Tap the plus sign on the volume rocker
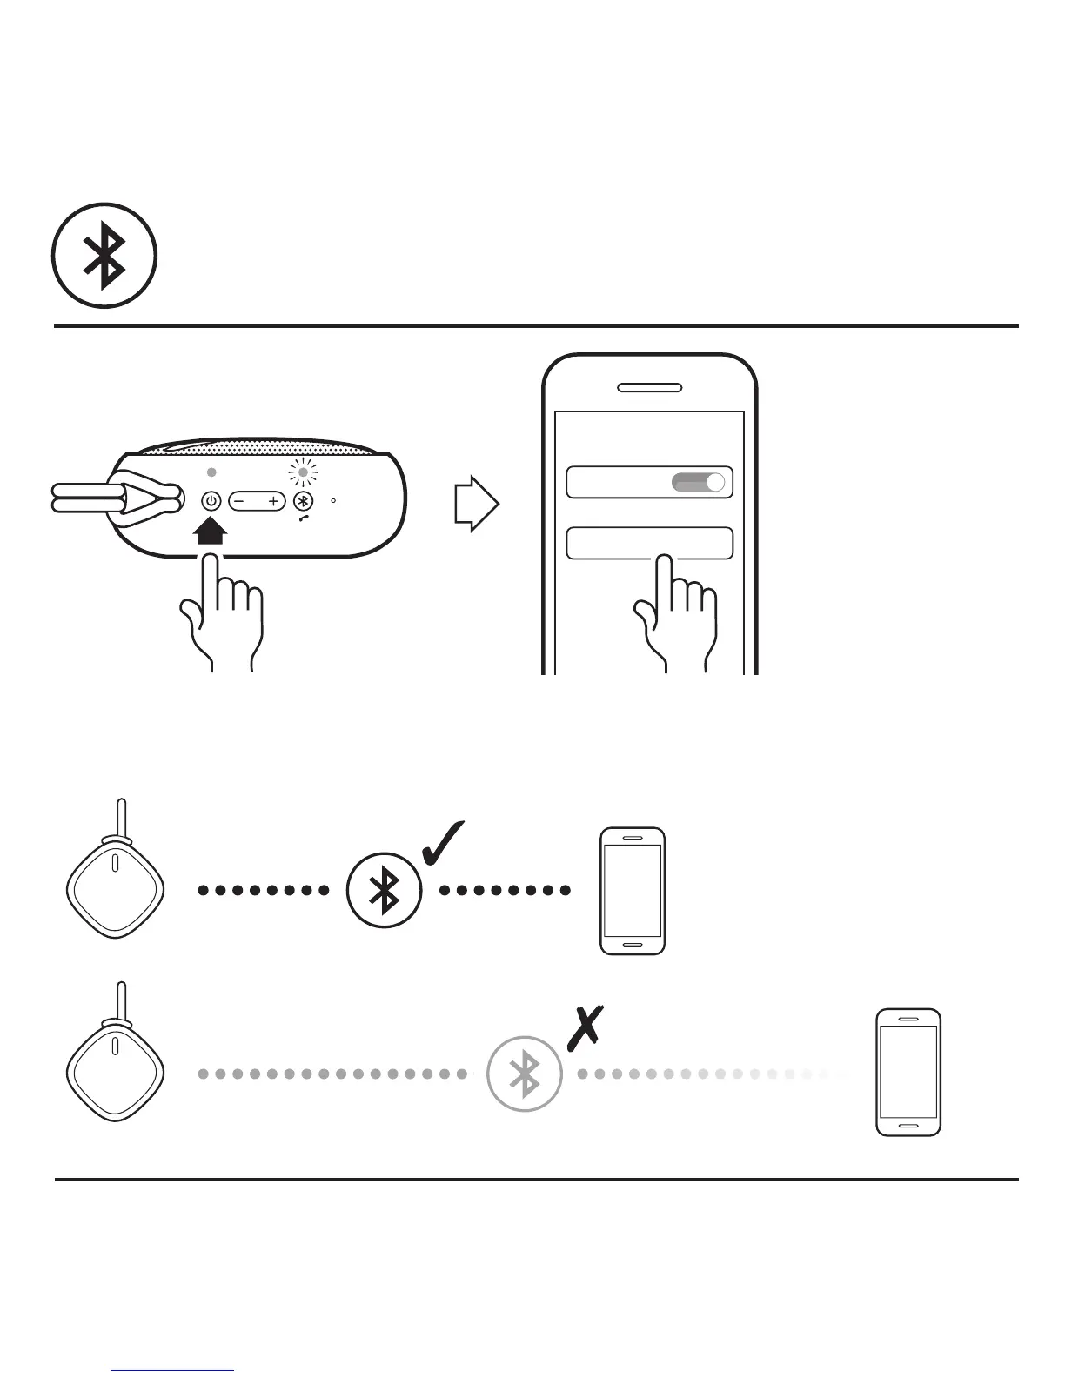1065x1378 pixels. (x=273, y=501)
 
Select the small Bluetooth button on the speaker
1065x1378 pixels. (x=303, y=501)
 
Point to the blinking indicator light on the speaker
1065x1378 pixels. (x=303, y=473)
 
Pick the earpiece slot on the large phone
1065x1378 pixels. (x=649, y=387)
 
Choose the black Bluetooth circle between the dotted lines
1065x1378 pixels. (x=385, y=890)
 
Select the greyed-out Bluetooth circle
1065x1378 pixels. (x=525, y=1074)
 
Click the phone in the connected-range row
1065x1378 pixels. (x=633, y=891)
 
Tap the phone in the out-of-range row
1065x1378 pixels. (x=908, y=1072)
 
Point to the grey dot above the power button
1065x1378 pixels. (x=211, y=472)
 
